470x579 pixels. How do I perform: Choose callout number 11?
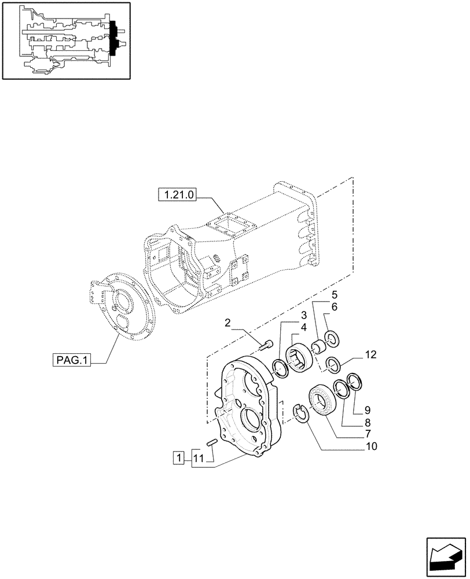click(x=199, y=459)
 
